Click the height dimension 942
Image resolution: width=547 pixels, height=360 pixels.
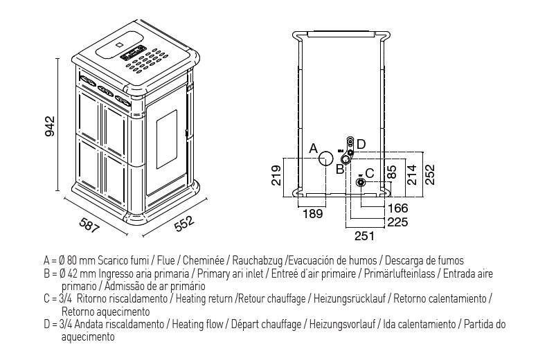[51, 126]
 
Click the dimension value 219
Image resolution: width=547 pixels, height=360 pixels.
[276, 177]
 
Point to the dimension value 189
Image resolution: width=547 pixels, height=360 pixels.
[314, 215]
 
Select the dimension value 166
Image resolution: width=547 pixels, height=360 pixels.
[397, 208]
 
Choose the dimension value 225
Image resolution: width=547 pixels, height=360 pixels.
[397, 222]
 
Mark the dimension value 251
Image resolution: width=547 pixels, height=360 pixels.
[364, 236]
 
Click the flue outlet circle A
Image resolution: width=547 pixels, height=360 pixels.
[326, 159]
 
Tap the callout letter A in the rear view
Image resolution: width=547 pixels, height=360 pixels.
[313, 148]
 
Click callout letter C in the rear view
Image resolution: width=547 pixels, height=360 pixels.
[370, 174]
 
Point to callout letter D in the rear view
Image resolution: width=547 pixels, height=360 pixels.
[361, 143]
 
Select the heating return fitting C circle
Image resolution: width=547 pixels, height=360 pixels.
[360, 182]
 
